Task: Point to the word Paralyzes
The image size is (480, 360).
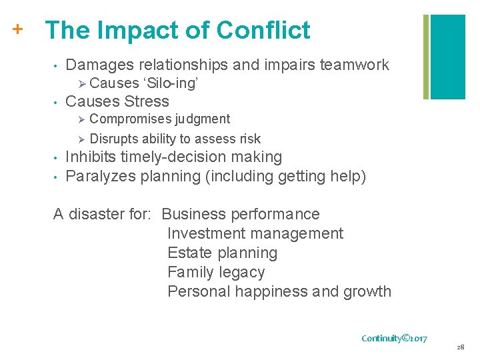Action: click(99, 177)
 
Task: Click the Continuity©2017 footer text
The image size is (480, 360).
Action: click(394, 339)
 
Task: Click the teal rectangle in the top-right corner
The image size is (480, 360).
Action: click(447, 57)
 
